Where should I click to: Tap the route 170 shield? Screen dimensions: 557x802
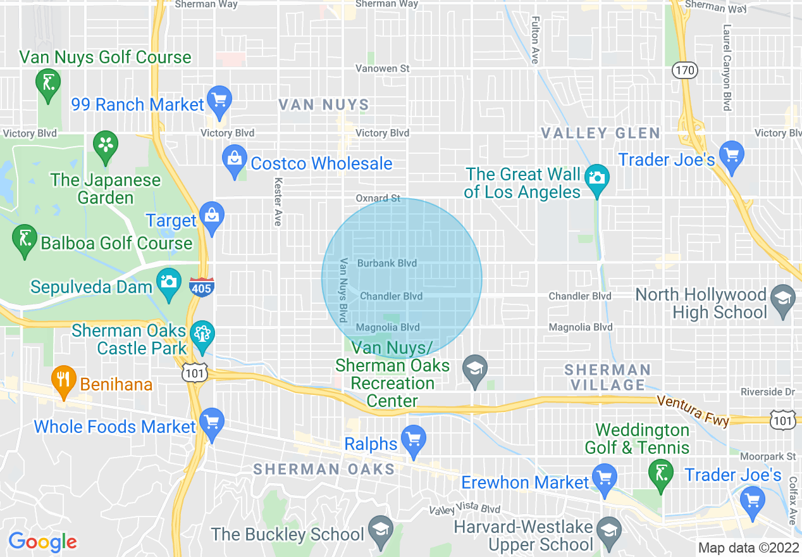[x=684, y=70]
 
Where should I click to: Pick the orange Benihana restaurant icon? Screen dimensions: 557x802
[x=63, y=381]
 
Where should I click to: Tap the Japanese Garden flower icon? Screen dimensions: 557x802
[x=106, y=145]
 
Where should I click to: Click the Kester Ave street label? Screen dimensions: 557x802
[x=277, y=201]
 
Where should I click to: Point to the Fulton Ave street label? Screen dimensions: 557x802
[x=535, y=40]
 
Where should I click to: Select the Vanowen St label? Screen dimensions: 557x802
[x=382, y=68]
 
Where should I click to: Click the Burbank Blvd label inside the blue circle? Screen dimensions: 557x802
[x=386, y=263]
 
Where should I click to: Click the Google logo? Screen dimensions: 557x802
[x=42, y=542]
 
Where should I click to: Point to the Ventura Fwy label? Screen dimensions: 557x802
[x=693, y=410]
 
